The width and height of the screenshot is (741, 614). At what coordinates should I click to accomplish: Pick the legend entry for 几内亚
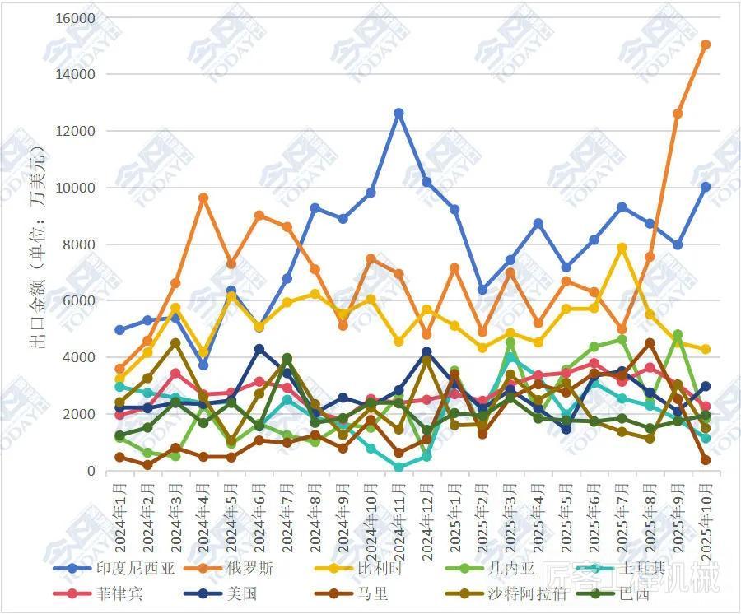point(516,569)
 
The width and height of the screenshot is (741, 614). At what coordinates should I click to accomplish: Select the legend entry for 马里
point(371,592)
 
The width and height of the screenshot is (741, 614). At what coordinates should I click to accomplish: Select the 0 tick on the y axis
point(91,472)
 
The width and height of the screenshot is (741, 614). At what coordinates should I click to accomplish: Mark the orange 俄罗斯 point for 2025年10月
point(706,45)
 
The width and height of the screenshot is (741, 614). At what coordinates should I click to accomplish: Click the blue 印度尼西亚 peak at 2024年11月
point(399,113)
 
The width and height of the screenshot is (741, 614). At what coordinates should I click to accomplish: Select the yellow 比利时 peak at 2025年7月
point(622,247)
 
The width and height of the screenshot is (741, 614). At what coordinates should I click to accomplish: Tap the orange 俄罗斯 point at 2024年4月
point(203,198)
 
